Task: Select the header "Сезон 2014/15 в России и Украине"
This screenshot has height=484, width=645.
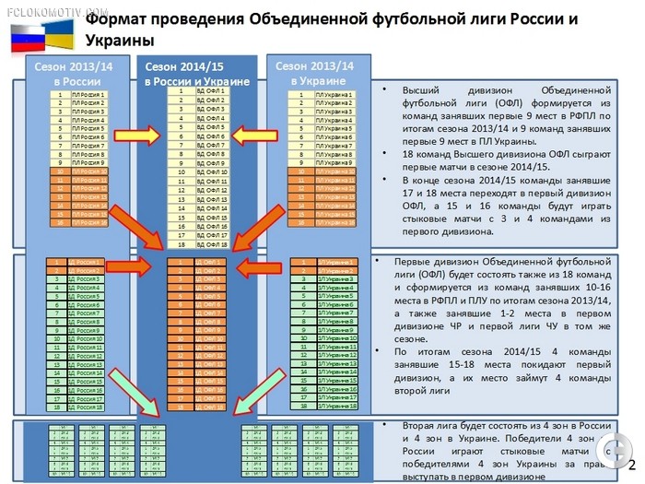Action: click(196, 74)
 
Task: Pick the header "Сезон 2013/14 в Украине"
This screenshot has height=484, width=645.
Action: click(315, 73)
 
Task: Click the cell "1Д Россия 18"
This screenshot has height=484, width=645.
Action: click(78, 407)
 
